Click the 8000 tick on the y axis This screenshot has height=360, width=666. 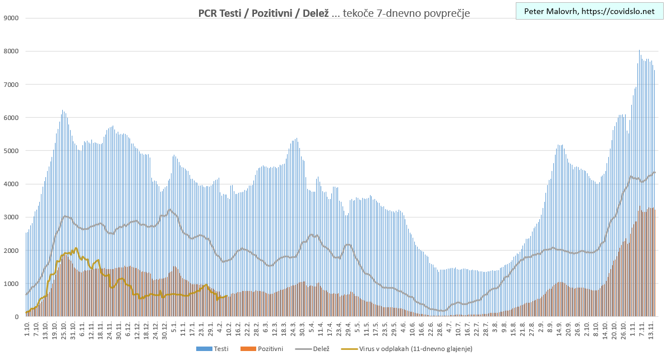12,51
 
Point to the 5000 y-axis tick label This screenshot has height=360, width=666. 12,151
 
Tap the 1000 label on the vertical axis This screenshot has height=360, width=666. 12,284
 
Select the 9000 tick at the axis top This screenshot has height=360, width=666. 12,18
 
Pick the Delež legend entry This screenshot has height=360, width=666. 320,349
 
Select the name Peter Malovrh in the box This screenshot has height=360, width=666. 550,11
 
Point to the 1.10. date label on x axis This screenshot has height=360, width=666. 27,329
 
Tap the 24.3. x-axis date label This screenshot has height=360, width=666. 293,329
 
